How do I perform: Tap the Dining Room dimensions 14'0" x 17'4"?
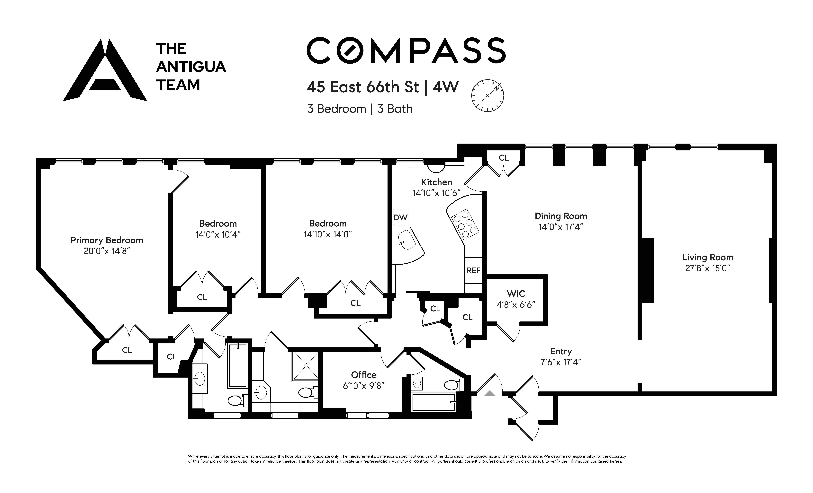click(561, 227)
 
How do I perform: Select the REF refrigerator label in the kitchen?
click(473, 270)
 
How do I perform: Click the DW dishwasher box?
click(401, 217)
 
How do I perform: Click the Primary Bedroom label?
click(107, 240)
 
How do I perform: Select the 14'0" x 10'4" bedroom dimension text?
click(218, 234)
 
